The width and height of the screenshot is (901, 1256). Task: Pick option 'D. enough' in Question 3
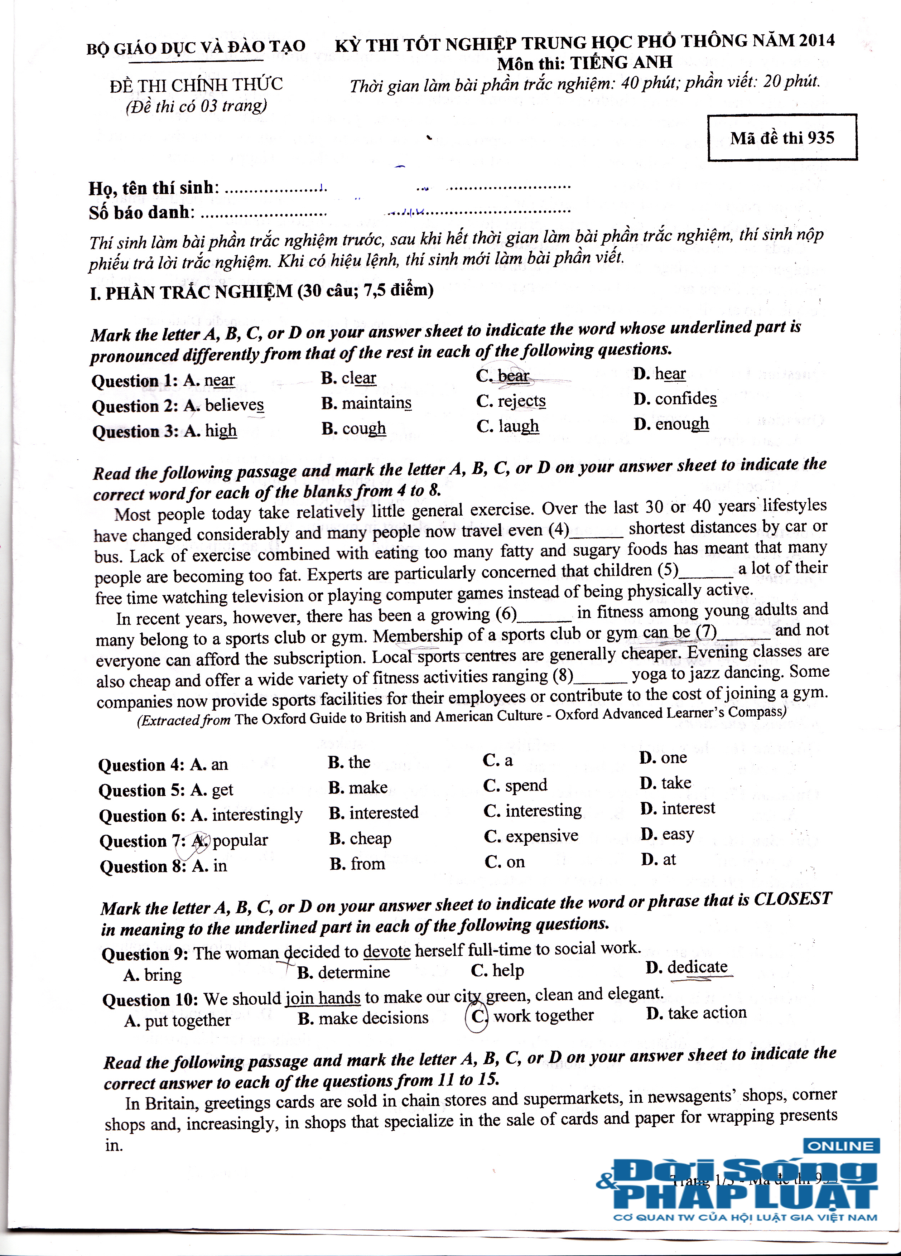point(671,424)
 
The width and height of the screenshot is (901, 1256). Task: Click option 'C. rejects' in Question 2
point(511,401)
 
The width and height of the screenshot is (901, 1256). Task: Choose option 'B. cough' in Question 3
point(353,429)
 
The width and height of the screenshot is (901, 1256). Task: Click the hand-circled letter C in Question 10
point(477,1016)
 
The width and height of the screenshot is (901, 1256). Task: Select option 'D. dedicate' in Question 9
point(687,967)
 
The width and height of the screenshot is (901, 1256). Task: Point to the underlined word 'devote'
point(386,951)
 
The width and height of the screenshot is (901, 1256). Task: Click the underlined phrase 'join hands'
point(323,998)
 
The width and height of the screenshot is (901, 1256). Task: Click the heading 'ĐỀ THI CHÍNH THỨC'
point(196,85)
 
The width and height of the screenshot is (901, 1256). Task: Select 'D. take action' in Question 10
point(696,1013)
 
